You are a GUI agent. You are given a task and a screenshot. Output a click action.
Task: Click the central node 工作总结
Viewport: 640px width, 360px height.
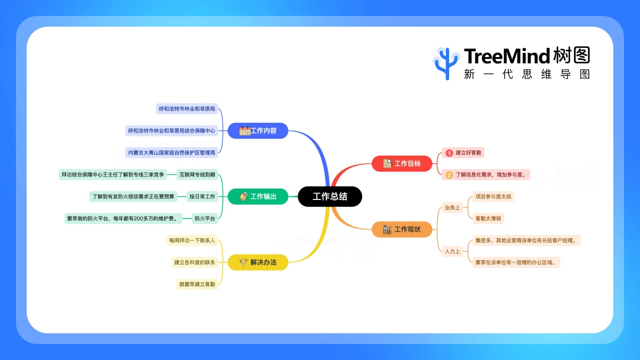click(330, 197)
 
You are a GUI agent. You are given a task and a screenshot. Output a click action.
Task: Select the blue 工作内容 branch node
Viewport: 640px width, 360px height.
click(258, 131)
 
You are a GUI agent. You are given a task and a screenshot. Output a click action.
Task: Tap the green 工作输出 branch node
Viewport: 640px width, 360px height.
click(258, 197)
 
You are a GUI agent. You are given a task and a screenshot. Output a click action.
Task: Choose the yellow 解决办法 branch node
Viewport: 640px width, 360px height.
click(258, 262)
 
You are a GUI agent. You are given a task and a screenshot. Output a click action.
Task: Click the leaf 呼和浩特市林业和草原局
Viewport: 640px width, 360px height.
click(187, 109)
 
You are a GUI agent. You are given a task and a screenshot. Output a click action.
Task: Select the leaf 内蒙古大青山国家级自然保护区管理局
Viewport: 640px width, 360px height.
click(172, 153)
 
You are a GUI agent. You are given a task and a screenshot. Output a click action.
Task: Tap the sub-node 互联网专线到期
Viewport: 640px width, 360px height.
click(197, 174)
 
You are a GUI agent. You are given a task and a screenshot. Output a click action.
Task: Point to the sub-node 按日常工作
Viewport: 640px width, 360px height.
click(202, 197)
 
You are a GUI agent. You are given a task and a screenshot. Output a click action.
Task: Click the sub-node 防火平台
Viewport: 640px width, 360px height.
click(204, 218)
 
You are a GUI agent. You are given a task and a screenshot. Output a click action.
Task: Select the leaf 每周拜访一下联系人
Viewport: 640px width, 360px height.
click(192, 241)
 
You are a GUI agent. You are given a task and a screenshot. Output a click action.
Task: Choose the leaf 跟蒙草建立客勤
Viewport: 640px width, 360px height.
click(197, 284)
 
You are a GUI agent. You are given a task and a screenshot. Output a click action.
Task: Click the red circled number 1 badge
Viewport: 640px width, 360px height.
click(449, 153)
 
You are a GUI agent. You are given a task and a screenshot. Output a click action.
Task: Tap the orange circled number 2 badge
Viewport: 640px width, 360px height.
click(449, 174)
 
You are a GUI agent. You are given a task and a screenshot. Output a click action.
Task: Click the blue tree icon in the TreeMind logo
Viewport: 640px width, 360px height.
click(446, 63)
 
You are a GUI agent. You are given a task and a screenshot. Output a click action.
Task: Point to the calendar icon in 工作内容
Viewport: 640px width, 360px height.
click(245, 131)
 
